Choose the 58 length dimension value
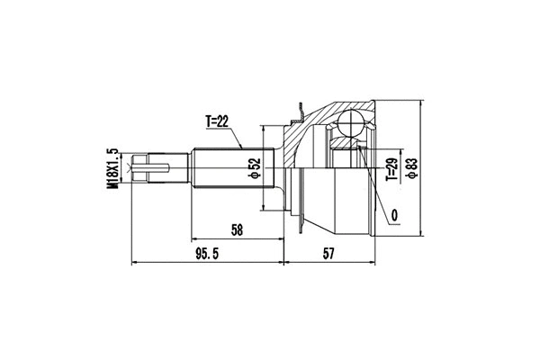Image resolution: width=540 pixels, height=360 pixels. pos(237,230)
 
